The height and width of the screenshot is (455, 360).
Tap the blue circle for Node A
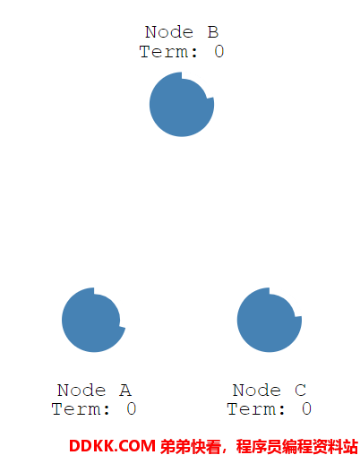point(93,320)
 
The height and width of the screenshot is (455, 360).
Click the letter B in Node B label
point(213,32)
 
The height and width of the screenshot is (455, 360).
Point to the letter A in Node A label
point(125,390)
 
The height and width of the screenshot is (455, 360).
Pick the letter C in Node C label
point(300,390)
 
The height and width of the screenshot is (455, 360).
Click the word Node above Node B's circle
point(169,32)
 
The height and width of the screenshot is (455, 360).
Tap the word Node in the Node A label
point(81,390)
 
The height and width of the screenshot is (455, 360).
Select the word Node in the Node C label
point(257,390)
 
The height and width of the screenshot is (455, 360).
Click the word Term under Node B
point(164,51)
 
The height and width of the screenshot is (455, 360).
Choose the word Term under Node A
point(76,408)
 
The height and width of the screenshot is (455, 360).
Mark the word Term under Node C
point(252,408)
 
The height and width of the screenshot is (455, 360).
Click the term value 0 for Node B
point(219,51)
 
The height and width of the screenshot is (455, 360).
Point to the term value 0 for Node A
point(132,408)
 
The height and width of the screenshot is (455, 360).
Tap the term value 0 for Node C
point(306,408)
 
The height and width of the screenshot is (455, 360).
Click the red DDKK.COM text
point(112,446)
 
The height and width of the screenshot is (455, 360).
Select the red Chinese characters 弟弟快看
point(191,447)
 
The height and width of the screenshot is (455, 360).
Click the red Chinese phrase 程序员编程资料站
point(297,447)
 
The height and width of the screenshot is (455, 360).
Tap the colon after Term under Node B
point(194,53)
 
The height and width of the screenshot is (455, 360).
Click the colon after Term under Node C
point(282,410)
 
